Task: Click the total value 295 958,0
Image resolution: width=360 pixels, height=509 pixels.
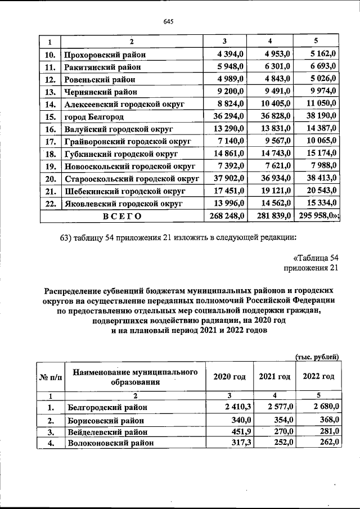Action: [x=319, y=215]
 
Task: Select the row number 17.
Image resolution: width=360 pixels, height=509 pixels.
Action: [x=49, y=141]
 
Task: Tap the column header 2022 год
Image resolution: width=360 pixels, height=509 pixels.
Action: [x=318, y=376]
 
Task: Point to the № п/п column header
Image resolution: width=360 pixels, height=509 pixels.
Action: [x=51, y=376]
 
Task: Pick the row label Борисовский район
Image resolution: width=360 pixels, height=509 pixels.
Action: [x=106, y=420]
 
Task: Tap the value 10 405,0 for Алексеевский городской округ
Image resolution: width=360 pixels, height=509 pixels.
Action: [x=274, y=104]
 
